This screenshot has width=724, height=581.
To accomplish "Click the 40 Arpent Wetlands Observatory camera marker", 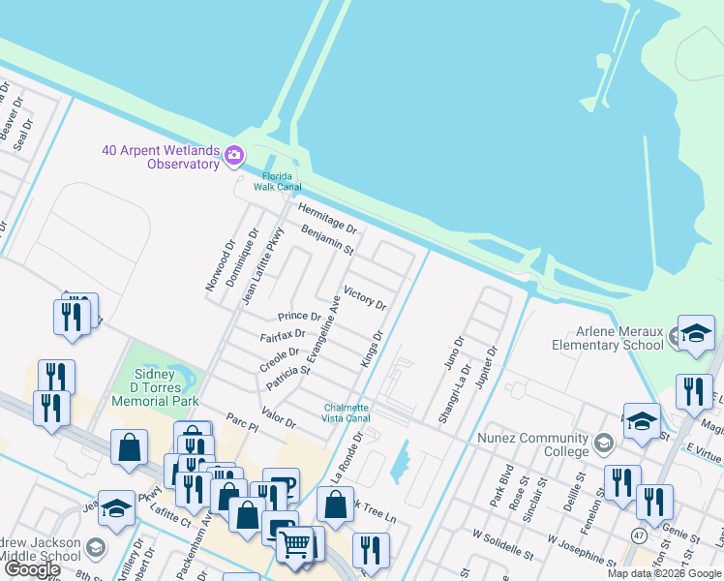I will pos(233,155).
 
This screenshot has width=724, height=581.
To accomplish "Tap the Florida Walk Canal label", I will pos(278,181).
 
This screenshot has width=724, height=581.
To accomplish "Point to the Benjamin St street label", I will pos(327,238).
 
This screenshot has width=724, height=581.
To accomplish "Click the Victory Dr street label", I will pos(365,297).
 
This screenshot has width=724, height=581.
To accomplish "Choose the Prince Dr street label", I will pos(298,316).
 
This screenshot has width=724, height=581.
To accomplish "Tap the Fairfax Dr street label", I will pos(283,337).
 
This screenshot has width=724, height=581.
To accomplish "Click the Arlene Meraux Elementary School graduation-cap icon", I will pos(696,334).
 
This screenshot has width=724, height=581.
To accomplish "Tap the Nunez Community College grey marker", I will pos(604,443).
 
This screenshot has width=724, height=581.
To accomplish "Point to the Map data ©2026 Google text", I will pos(663,573).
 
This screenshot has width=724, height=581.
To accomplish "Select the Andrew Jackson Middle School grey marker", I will pos(96,548).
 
